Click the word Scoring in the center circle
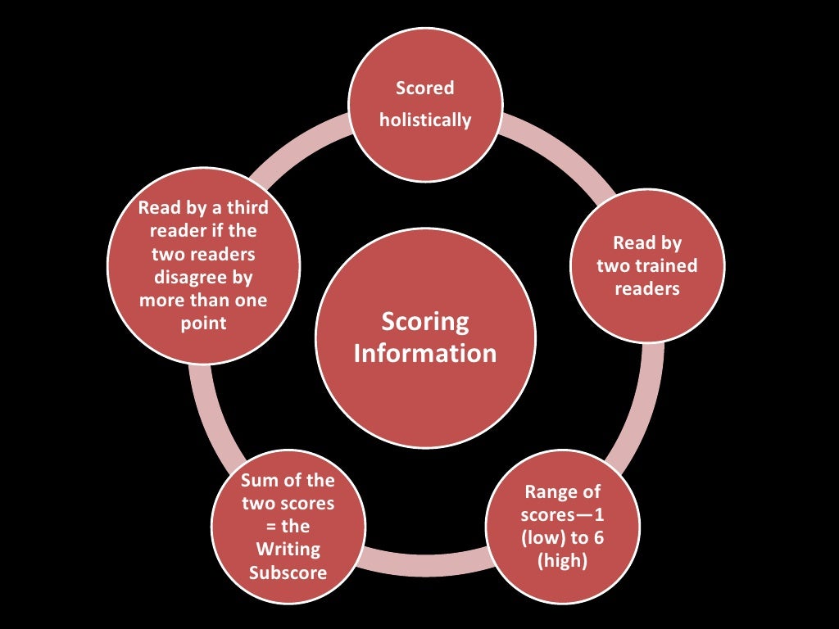425,322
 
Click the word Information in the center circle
425,353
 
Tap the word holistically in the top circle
425,120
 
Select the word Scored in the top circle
424,88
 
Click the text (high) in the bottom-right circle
562,563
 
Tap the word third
244,207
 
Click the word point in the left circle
202,323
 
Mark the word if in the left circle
218,230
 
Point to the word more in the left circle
162,300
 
